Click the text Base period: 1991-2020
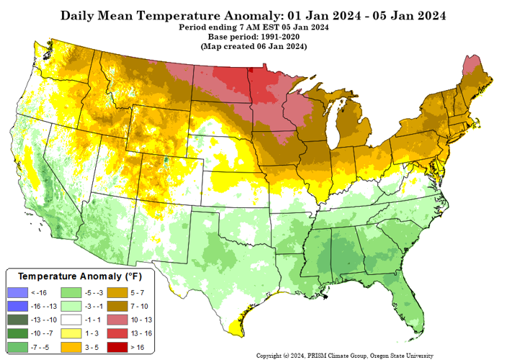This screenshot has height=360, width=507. coord(253,37)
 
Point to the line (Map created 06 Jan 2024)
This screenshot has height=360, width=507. coord(253,46)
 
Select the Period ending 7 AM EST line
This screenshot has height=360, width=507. coord(253,27)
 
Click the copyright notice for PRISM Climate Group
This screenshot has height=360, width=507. coord(345,355)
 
